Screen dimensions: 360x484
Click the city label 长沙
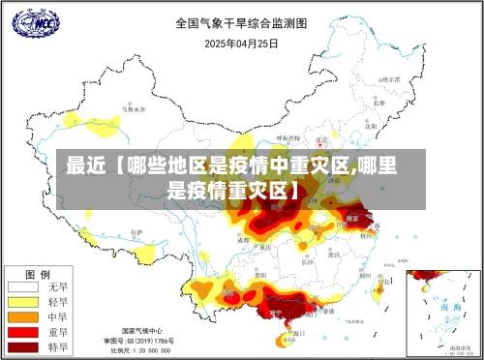307,259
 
